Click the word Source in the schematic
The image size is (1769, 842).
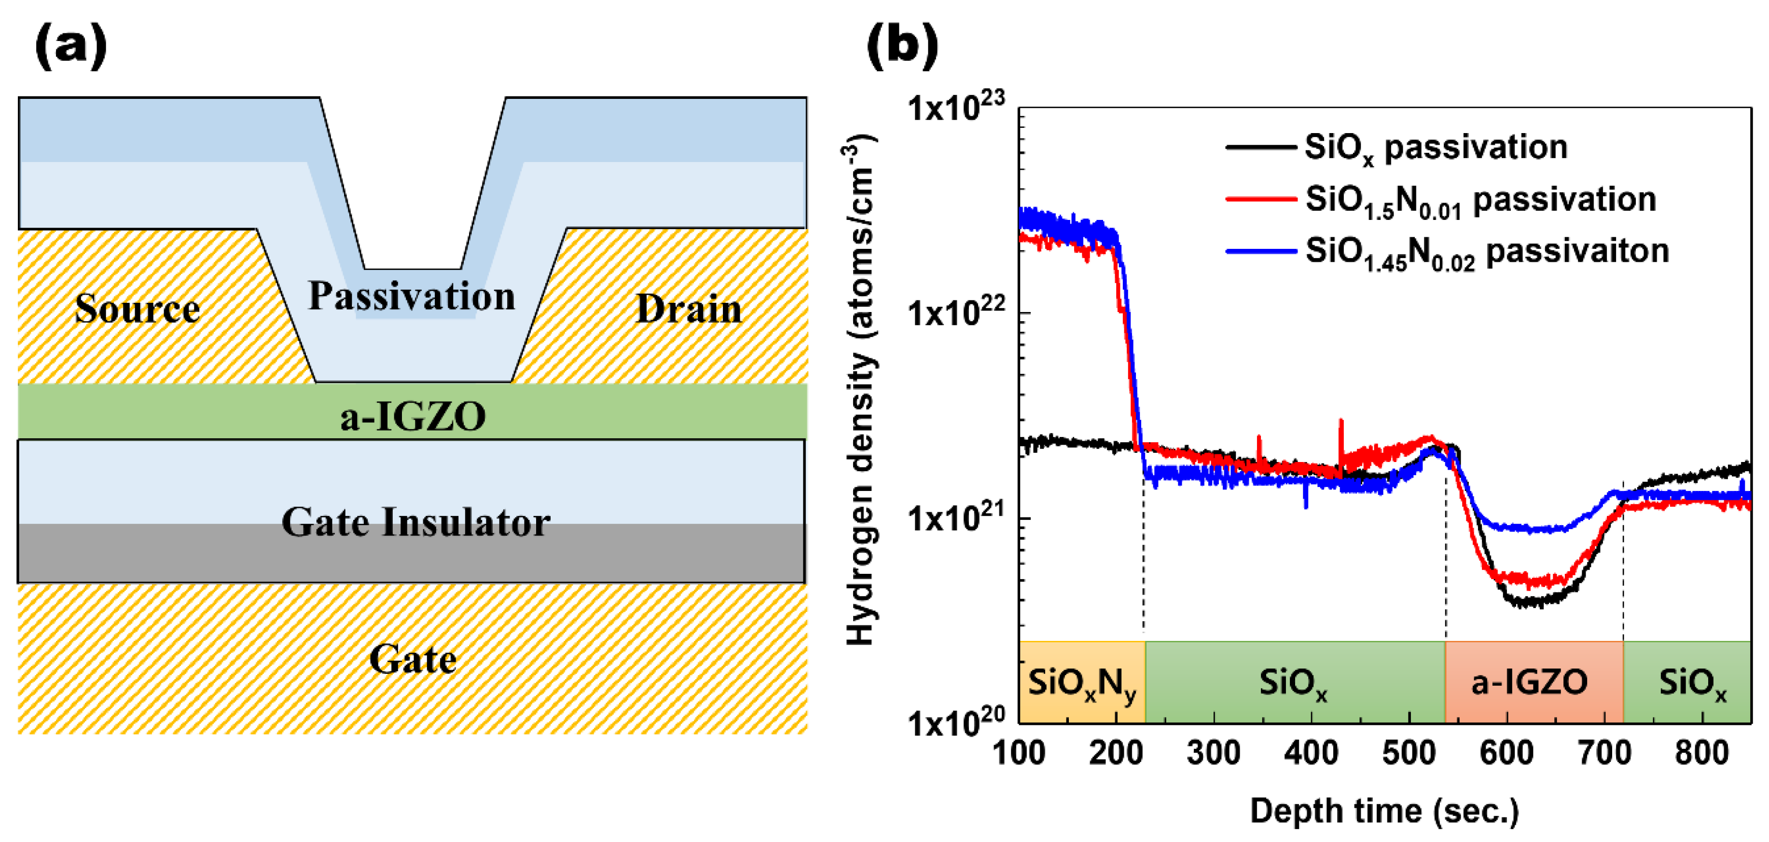point(138,308)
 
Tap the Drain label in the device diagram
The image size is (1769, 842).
point(689,308)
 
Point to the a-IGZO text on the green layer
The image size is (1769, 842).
point(413,416)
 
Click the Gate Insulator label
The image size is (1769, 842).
point(415,522)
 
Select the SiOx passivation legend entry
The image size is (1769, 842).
point(1435,148)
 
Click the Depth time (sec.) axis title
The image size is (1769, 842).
point(1384,811)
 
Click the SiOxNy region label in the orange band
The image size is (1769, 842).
point(1081,683)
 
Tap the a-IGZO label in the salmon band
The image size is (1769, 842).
point(1529,682)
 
